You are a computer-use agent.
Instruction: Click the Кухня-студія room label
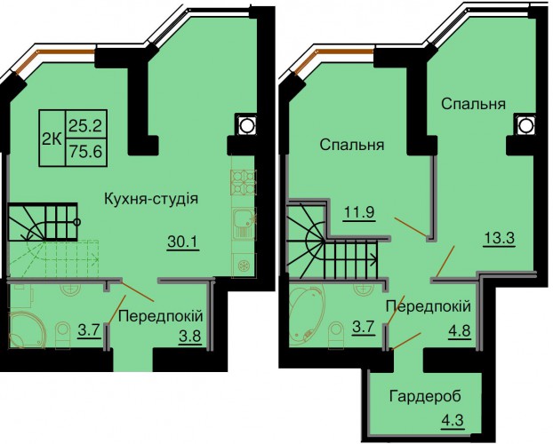click(x=151, y=200)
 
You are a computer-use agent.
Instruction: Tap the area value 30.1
click(x=183, y=242)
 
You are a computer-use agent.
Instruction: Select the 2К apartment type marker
click(x=52, y=139)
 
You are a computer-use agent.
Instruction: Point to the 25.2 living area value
click(x=85, y=124)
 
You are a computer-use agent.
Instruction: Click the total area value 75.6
click(x=85, y=152)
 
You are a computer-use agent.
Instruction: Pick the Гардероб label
click(x=425, y=396)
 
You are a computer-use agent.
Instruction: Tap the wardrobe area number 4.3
click(x=453, y=421)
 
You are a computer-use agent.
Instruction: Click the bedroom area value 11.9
click(x=359, y=212)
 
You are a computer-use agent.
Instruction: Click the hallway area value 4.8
click(x=460, y=331)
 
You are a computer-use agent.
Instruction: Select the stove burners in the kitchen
click(x=244, y=182)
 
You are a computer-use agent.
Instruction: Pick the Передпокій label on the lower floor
click(x=161, y=316)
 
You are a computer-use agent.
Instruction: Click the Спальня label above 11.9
click(x=352, y=145)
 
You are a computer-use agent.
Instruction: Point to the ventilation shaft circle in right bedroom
click(x=525, y=125)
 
